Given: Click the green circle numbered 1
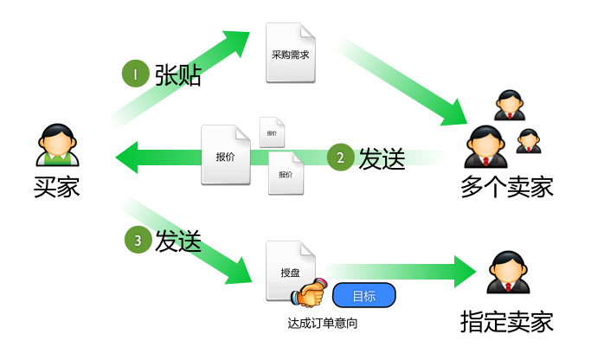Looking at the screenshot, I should pyautogui.click(x=136, y=75).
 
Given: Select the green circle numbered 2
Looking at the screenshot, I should pyautogui.click(x=341, y=157).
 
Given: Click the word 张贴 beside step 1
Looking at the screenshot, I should pyautogui.click(x=178, y=76).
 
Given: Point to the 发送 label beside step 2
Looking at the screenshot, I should pyautogui.click(x=382, y=158).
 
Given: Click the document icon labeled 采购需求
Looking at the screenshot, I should pyautogui.click(x=290, y=53).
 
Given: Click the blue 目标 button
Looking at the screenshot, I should pyautogui.click(x=363, y=296).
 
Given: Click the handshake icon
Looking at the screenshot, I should pyautogui.click(x=310, y=294).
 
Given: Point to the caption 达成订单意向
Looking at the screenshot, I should pyautogui.click(x=322, y=324).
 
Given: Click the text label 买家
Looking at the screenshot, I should pyautogui.click(x=57, y=186).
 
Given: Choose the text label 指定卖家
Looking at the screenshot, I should pyautogui.click(x=507, y=323).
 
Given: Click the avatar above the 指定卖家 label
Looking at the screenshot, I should pyautogui.click(x=507, y=273).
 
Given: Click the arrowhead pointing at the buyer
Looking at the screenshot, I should pyautogui.click(x=130, y=157).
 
